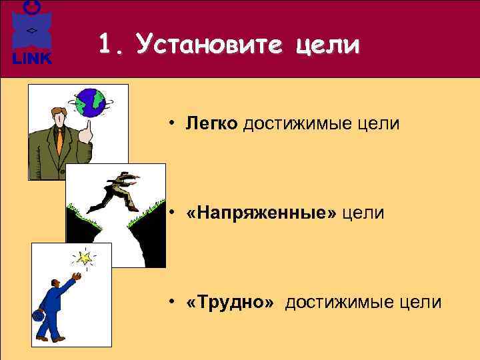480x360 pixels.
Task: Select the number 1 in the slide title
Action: click(x=105, y=45)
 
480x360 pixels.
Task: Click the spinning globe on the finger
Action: click(x=91, y=103)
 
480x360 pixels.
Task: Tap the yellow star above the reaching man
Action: click(x=84, y=257)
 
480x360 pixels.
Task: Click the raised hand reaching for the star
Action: click(x=77, y=275)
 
